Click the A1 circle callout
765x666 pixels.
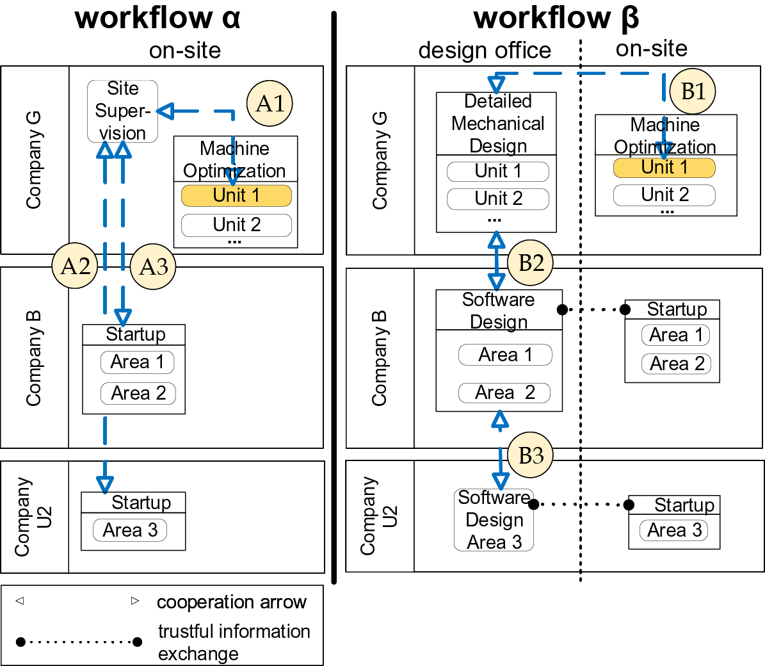(x=270, y=103)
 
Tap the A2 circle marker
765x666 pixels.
(x=75, y=265)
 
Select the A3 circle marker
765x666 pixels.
(x=153, y=266)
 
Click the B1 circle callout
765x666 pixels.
(x=692, y=91)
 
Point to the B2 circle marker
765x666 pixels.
(x=530, y=263)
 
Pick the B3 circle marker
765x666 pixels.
(x=530, y=455)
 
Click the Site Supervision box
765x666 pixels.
(x=122, y=111)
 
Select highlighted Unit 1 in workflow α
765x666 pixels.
(x=236, y=195)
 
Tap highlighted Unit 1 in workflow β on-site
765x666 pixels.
(x=664, y=168)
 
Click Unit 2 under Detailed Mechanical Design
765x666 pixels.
(x=498, y=199)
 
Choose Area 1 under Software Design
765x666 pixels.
(x=505, y=355)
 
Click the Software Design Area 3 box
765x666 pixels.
(x=494, y=520)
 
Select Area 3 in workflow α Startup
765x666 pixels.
(x=130, y=530)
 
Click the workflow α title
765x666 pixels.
(x=157, y=17)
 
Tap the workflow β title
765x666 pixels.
(x=556, y=17)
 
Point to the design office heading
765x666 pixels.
(x=484, y=50)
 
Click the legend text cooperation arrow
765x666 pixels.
(x=231, y=602)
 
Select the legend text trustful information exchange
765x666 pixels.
(x=234, y=642)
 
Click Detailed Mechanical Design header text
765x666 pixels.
(x=497, y=124)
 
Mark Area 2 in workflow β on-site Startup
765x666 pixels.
(x=676, y=364)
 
